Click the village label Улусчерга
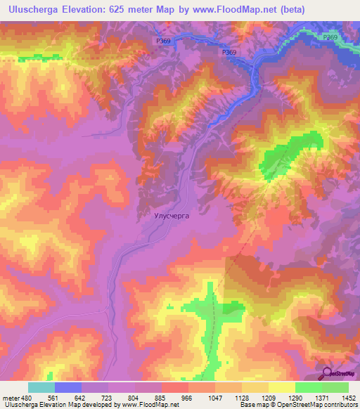(172, 217)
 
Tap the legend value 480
(27, 398)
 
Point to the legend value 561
(54, 398)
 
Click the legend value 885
(162, 398)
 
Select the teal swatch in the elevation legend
(41, 387)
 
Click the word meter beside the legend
(11, 398)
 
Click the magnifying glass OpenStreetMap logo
(327, 372)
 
